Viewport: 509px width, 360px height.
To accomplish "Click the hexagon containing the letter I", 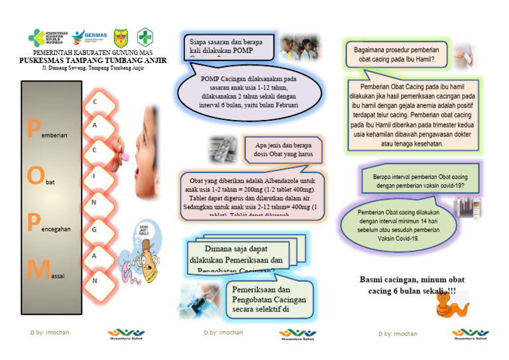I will pyautogui.click(x=95, y=176).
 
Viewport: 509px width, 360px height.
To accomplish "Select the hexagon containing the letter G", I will pyautogui.click(x=95, y=229).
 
